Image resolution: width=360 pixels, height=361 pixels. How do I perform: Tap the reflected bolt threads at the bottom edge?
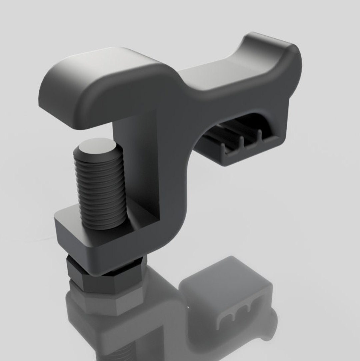123,353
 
